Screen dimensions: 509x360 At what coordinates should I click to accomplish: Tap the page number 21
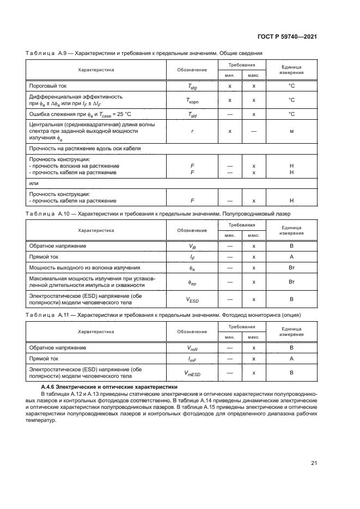tap(314, 463)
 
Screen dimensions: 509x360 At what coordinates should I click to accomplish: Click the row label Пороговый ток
tap(47, 86)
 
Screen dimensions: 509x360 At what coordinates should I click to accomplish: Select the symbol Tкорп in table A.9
tap(192, 100)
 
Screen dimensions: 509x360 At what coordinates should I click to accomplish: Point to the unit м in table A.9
tap(291, 132)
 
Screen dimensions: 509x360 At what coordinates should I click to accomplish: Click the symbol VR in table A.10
tap(192, 246)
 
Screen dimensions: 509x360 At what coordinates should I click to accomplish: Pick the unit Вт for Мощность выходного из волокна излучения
tap(291, 268)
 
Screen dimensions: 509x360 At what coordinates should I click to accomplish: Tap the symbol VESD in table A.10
tap(192, 299)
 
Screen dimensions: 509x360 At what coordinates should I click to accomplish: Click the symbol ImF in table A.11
tap(192, 359)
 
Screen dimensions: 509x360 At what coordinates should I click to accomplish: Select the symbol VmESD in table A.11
tap(192, 373)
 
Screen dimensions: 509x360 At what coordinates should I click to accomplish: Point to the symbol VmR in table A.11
tap(192, 347)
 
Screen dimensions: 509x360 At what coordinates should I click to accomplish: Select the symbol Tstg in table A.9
tap(192, 86)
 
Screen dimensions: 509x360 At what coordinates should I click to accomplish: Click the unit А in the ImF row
tap(291, 359)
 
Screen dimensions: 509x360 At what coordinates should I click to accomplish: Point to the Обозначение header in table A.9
tap(192, 70)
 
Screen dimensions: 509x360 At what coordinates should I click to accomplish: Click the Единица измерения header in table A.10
tap(291, 230)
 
